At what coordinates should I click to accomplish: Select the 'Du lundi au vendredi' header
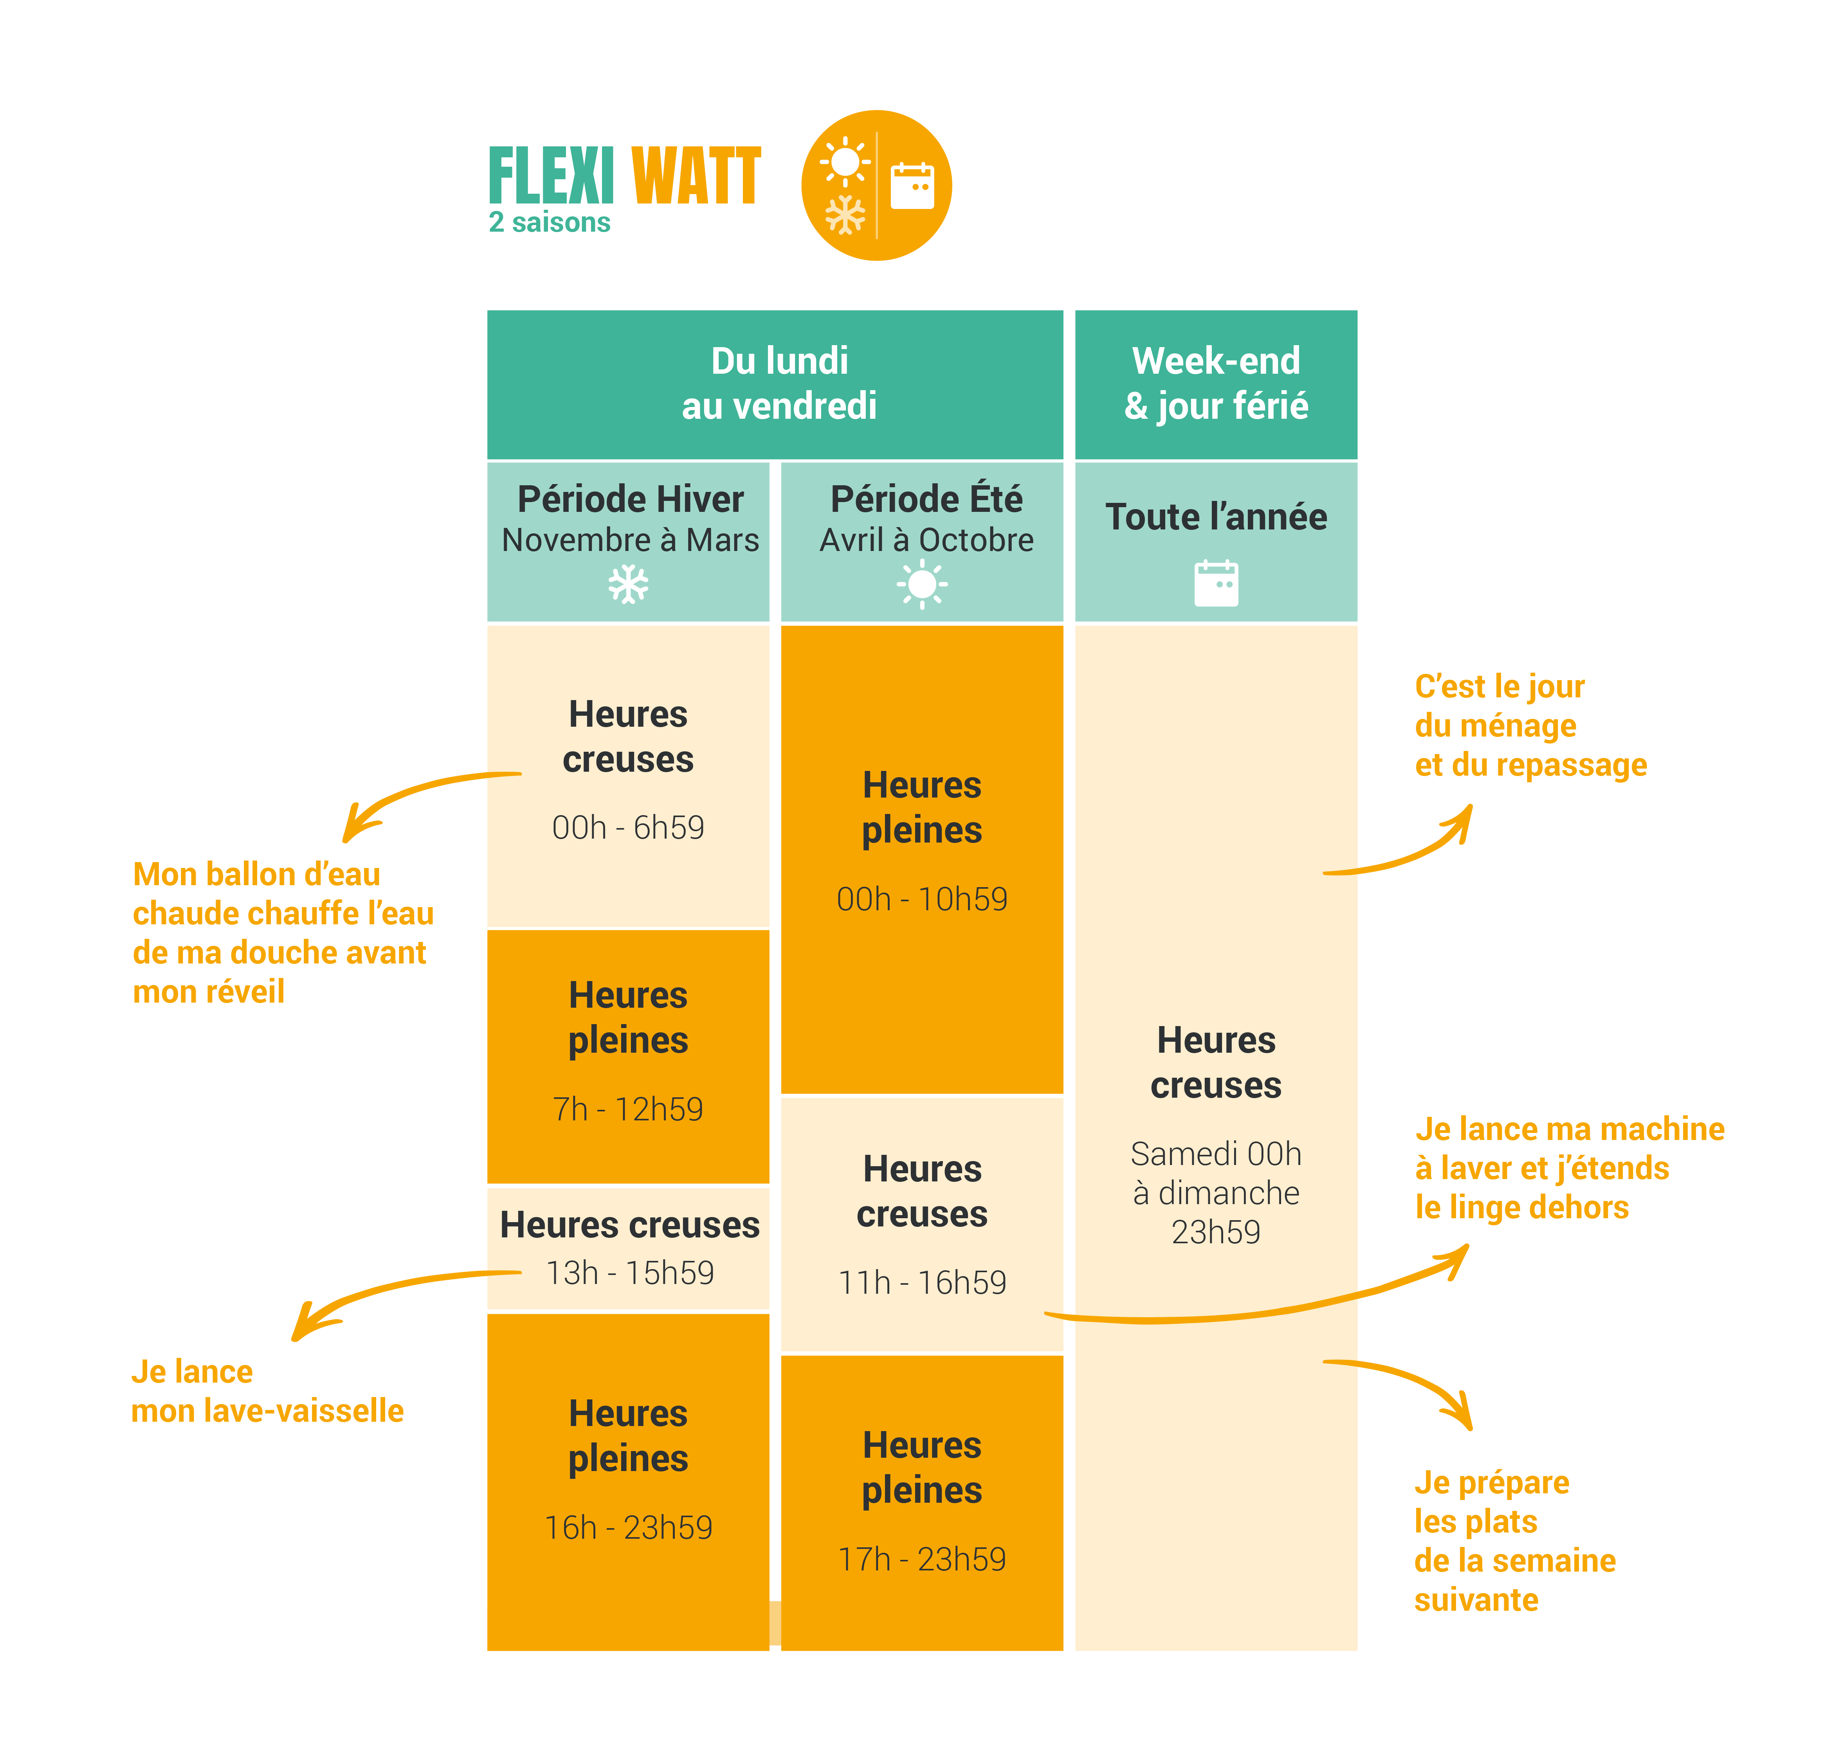tap(779, 383)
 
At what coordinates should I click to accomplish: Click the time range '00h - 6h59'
tap(628, 828)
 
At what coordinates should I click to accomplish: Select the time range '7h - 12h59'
tap(628, 1109)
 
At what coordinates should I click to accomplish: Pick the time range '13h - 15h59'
tap(630, 1272)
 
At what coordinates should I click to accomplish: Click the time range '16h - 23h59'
tap(628, 1527)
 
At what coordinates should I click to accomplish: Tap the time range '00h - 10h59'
tap(922, 899)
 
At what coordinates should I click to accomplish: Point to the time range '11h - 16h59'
tap(922, 1283)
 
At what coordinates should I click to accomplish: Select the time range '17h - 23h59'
tap(922, 1559)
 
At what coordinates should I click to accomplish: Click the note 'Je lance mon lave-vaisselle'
tap(267, 1391)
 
